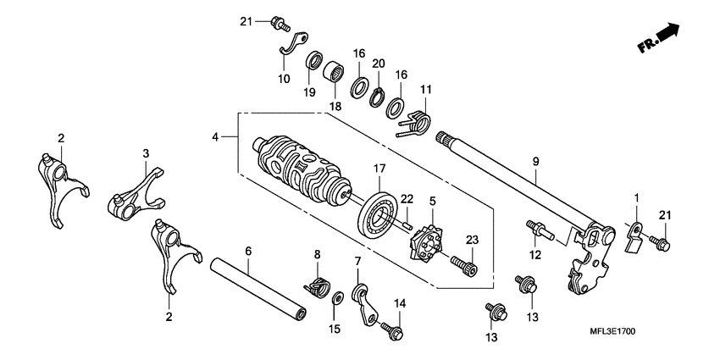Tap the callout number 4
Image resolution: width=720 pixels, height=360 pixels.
click(x=216, y=136)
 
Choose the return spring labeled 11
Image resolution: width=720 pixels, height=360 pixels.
click(x=415, y=125)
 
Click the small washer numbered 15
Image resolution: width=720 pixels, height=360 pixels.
click(x=337, y=296)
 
